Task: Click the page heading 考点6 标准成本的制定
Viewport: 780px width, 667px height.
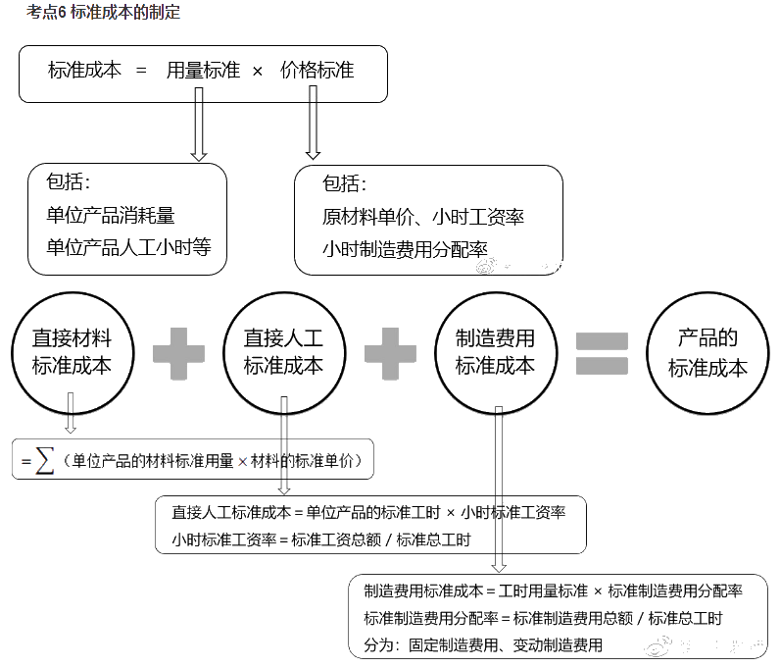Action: (x=104, y=13)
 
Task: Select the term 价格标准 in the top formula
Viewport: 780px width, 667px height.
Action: (x=317, y=71)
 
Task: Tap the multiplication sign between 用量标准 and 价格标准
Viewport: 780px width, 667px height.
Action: (x=258, y=72)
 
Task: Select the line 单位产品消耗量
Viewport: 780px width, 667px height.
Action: (x=111, y=215)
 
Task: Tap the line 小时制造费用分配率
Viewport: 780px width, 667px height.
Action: (x=405, y=249)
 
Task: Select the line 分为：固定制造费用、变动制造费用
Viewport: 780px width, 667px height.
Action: (x=483, y=644)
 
